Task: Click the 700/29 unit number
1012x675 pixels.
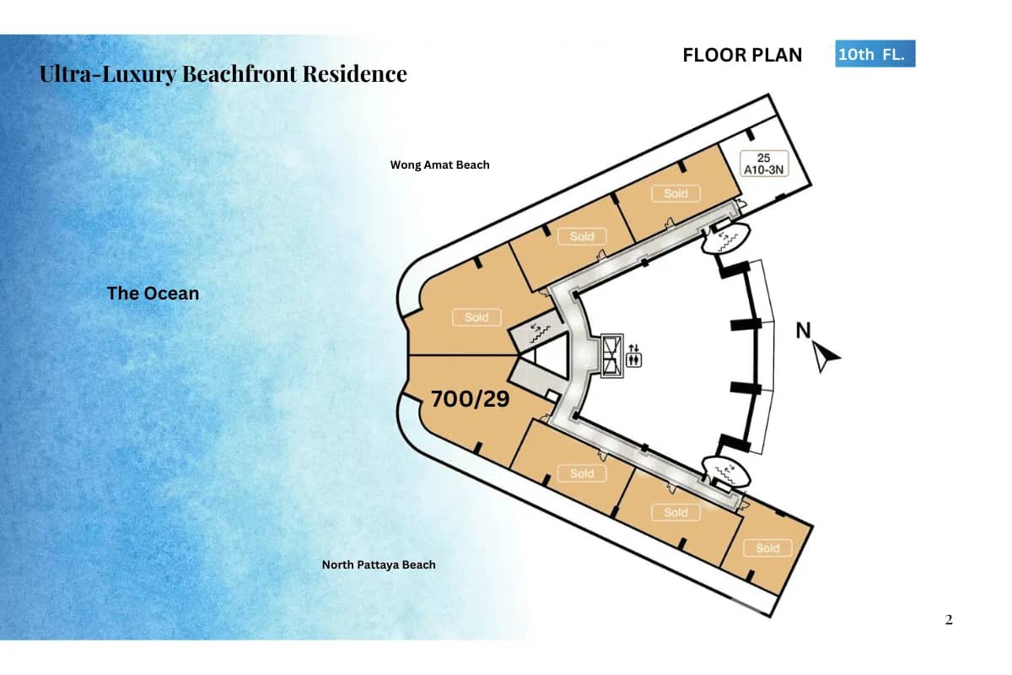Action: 470,399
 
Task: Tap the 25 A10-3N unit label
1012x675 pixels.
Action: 763,164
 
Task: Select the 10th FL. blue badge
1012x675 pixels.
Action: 875,55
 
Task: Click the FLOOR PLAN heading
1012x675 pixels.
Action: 742,56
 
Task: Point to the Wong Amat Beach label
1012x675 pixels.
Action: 439,165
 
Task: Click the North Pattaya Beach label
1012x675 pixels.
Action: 379,564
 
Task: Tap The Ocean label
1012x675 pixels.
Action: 153,294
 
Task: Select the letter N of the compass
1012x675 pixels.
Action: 805,331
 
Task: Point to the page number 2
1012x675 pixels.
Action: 949,620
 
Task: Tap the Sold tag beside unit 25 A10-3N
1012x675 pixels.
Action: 676,194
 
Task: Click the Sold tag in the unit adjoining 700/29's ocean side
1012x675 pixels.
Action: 476,318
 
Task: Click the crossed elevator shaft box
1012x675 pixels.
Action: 611,354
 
